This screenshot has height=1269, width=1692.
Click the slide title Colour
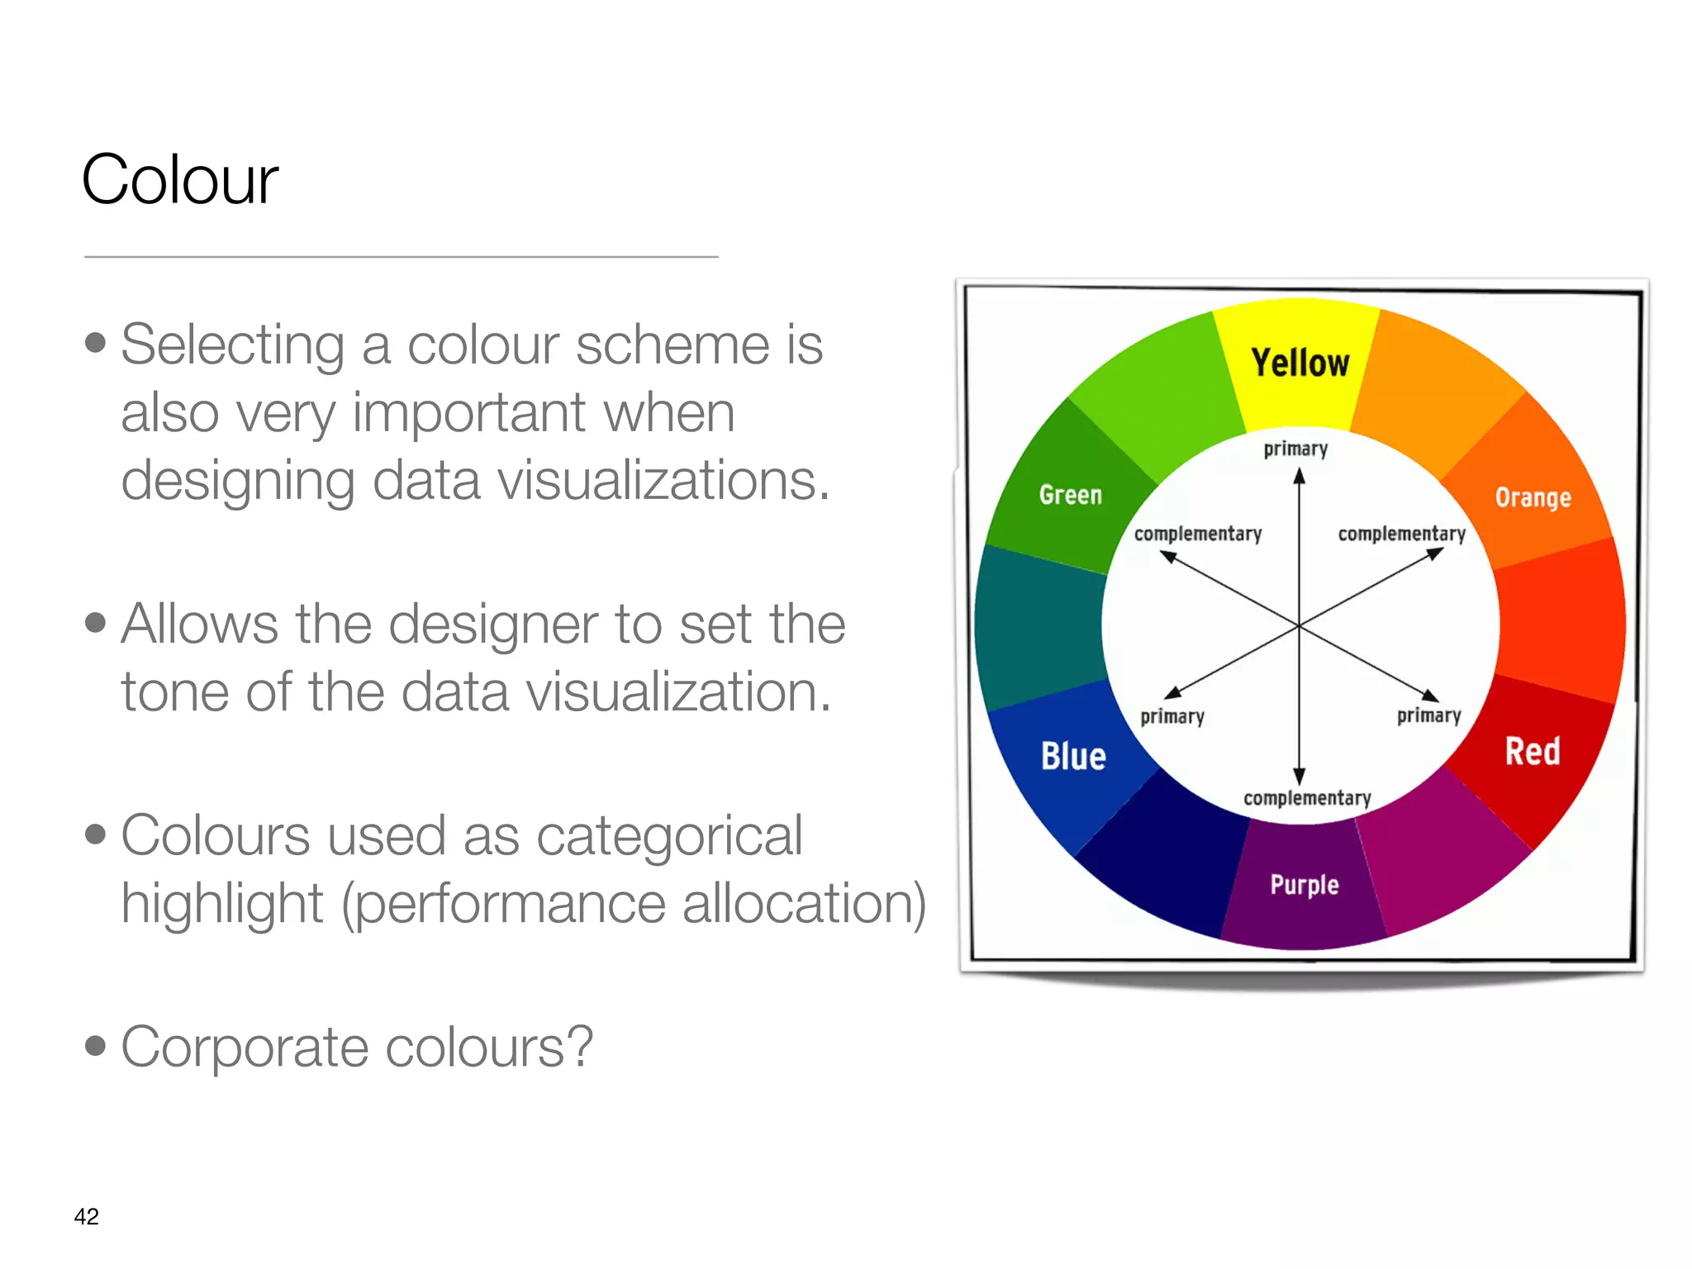(x=180, y=180)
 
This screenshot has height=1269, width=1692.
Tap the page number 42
(x=86, y=1216)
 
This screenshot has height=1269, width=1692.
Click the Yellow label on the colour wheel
(x=1300, y=364)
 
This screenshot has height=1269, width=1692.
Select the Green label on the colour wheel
(x=1070, y=495)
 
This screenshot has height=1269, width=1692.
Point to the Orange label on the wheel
(x=1533, y=497)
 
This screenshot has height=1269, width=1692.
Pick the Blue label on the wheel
(x=1073, y=756)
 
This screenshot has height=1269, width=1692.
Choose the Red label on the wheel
(x=1533, y=752)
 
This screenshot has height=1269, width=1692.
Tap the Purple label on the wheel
(x=1305, y=885)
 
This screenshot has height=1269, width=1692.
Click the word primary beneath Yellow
(x=1295, y=449)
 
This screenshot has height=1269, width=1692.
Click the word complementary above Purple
(x=1307, y=798)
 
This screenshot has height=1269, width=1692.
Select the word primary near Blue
(x=1172, y=716)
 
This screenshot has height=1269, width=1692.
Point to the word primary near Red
(x=1428, y=715)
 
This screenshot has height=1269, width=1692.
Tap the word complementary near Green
(x=1198, y=534)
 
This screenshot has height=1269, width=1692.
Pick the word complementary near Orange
(x=1401, y=534)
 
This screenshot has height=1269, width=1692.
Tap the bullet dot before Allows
(x=96, y=622)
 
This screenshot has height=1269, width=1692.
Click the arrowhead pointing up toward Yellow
(x=1300, y=476)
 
